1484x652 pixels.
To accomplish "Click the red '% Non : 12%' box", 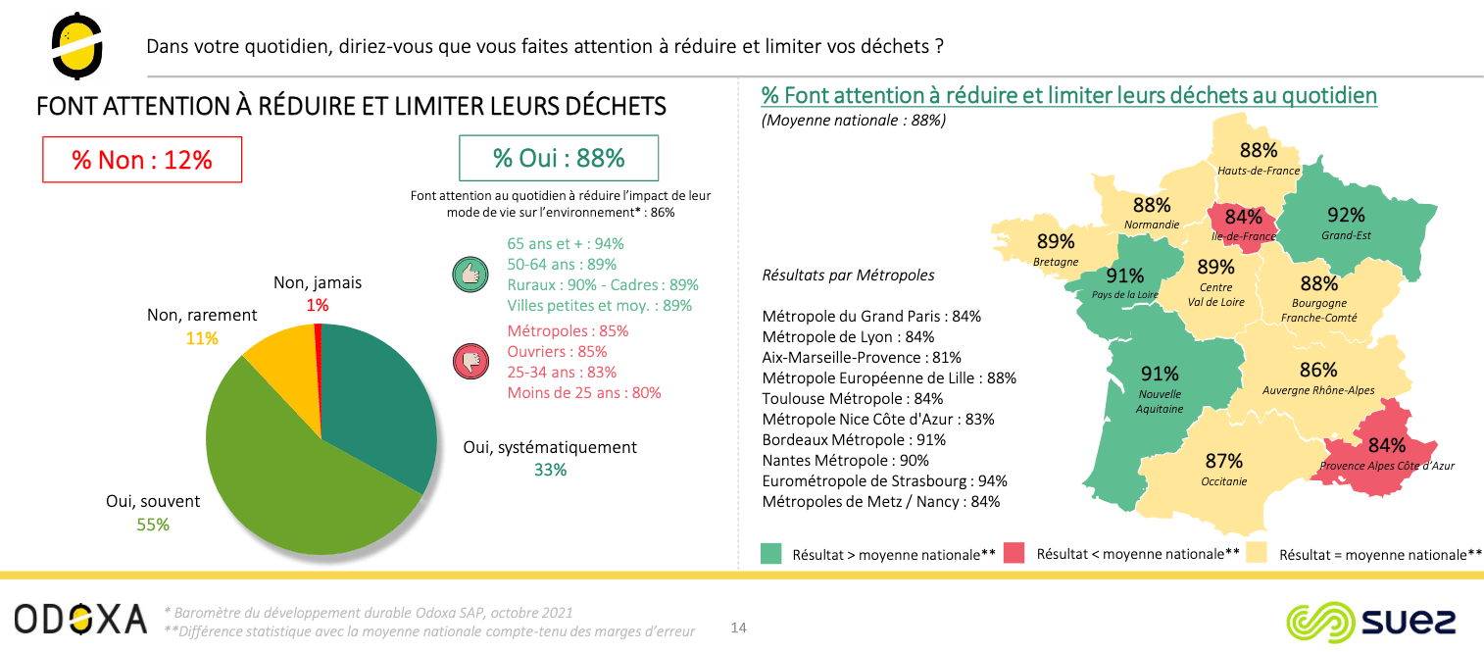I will [142, 160].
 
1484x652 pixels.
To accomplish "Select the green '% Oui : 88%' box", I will [559, 158].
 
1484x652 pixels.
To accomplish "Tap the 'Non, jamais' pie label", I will [317, 282].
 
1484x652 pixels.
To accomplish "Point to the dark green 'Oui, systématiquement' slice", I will [377, 402].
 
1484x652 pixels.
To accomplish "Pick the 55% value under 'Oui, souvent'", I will [153, 525].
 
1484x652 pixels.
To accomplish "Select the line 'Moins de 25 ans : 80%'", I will [584, 393].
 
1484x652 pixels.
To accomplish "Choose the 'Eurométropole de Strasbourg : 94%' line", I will [884, 480].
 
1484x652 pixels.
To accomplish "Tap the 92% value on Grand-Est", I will [1346, 216].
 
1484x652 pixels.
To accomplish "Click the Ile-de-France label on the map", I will [1243, 236].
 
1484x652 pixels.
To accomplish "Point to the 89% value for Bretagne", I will [1056, 241].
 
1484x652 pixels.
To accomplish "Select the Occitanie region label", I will [1223, 481].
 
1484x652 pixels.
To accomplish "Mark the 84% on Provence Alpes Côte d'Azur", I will [1387, 445].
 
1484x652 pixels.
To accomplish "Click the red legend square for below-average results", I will [1014, 554].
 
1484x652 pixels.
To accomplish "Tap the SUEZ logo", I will [1370, 622].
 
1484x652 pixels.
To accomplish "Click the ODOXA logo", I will [80, 620].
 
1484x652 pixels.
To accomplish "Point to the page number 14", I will [739, 627].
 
